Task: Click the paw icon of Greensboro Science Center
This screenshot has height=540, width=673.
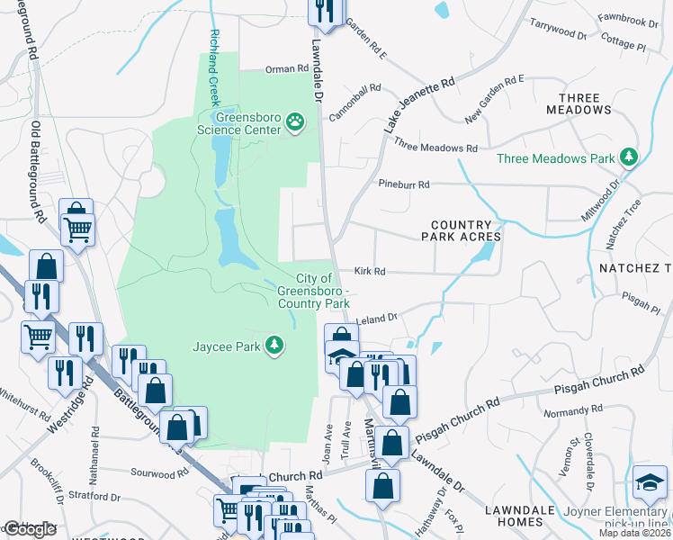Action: coord(294,121)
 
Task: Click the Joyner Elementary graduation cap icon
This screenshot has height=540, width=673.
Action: coord(650,483)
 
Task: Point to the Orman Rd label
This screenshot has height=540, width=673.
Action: coord(287,69)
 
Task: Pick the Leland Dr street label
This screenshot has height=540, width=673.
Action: coord(377,318)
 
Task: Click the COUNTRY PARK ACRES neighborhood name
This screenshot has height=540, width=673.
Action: coord(461,230)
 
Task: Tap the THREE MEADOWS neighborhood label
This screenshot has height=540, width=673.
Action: coord(584,103)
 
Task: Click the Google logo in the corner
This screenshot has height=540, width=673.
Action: coord(30,529)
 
